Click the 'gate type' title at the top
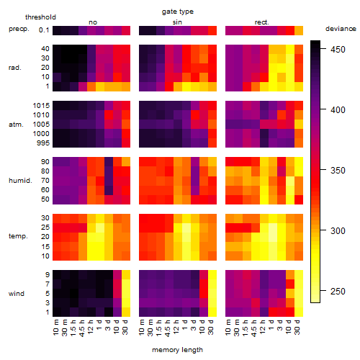click(178, 12)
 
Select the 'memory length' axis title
click(177, 350)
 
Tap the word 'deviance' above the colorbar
click(341, 29)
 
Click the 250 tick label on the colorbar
click(338, 292)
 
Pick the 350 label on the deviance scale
click(338, 171)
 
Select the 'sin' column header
click(177, 22)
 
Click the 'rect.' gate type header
click(261, 22)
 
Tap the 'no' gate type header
click(93, 22)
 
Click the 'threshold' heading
click(40, 17)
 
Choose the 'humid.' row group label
click(20, 181)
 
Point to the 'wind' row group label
click(17, 294)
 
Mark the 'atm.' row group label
click(16, 125)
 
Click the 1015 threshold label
click(41, 106)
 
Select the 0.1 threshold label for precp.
click(44, 30)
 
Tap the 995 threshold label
click(43, 143)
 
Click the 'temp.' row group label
click(18, 236)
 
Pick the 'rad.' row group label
click(15, 68)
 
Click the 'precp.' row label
click(19, 29)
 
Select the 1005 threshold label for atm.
click(41, 125)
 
